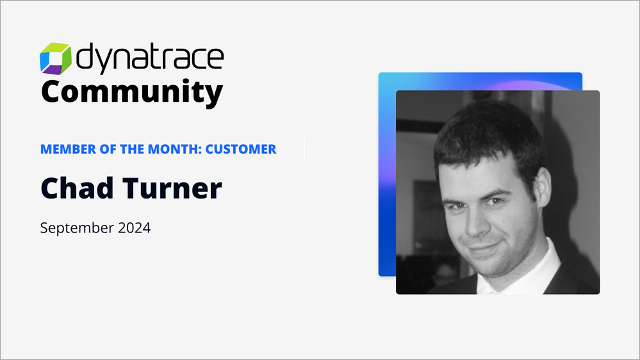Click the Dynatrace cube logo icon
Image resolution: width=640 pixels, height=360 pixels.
[x=56, y=58]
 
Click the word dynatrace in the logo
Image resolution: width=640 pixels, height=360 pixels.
[x=150, y=58]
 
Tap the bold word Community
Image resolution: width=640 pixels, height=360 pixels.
[x=132, y=93]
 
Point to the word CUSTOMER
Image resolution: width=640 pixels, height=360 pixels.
[x=241, y=149]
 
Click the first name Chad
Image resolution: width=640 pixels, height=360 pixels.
[x=77, y=188]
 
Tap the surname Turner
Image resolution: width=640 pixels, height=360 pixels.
[x=172, y=188]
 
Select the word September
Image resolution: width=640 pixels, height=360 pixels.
[x=77, y=228]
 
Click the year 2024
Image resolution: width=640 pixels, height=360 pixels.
[x=135, y=227]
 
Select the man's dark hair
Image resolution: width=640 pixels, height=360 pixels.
[x=490, y=135]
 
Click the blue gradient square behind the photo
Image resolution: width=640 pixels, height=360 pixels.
[x=387, y=172]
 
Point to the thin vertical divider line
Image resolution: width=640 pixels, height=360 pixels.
[x=304, y=149]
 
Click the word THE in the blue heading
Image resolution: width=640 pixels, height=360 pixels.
[x=131, y=149]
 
